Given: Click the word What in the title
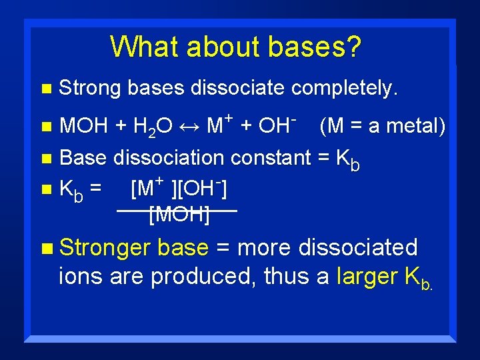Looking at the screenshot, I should [x=145, y=47].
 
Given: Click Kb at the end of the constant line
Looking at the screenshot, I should [x=347, y=160].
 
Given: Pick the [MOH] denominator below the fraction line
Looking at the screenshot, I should [x=180, y=215].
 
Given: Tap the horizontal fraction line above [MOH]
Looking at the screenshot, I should [x=177, y=210].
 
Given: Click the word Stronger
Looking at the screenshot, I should [x=105, y=248].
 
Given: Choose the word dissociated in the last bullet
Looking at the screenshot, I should [x=359, y=247].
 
